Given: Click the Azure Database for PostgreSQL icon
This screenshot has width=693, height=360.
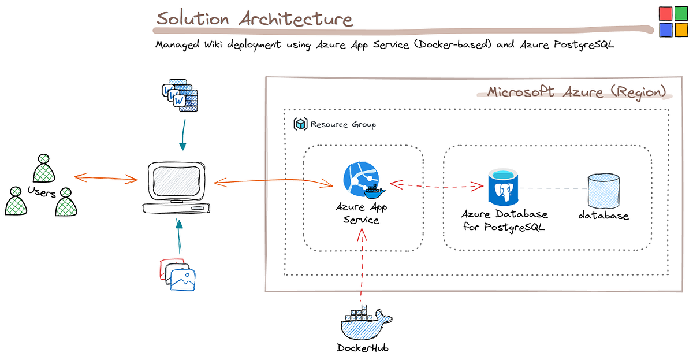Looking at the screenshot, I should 502,187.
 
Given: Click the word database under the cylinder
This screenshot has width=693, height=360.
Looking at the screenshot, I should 603,216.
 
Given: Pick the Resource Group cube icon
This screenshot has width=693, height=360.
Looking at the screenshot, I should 300,124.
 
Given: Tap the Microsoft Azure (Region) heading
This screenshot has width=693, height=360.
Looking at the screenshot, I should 576,92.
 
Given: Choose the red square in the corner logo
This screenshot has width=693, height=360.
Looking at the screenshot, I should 665,13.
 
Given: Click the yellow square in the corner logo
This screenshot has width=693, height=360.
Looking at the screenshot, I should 681,29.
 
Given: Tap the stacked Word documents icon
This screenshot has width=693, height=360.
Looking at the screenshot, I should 180,96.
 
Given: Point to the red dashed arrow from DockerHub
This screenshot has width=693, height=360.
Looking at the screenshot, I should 362,266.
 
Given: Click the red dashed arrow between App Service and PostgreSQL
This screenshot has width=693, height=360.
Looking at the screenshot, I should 437,185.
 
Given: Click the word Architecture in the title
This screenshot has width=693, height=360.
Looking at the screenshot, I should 295,19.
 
